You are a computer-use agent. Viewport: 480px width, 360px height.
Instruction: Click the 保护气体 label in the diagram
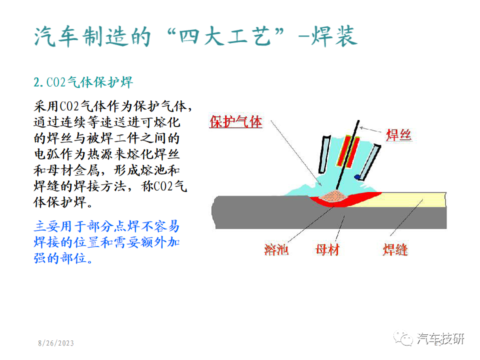coord(235,122)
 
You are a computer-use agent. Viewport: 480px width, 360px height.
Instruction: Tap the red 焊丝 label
coord(398,135)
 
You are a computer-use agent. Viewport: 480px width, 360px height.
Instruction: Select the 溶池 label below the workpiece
coord(276,250)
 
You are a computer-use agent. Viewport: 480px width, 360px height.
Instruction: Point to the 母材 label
coord(327,250)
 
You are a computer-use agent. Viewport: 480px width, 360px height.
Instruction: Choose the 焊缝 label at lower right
coord(395,250)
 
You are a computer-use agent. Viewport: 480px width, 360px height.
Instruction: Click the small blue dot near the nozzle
coord(357,177)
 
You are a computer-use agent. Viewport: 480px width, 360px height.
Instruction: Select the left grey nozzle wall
coord(324,154)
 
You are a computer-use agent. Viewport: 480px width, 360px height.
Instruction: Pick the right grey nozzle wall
coord(370,162)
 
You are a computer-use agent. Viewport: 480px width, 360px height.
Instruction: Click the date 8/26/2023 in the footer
coord(56,343)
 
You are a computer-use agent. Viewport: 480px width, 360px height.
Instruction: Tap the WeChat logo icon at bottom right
coord(403,338)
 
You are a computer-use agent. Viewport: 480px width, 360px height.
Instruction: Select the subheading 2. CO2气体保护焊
coord(83,82)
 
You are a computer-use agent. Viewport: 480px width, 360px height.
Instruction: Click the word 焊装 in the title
coord(334,36)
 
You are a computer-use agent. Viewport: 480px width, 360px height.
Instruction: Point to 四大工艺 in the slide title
coord(225,36)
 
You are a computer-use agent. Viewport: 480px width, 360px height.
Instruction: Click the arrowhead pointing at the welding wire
coord(362,127)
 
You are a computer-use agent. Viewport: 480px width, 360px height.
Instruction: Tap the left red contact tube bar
coord(343,150)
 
